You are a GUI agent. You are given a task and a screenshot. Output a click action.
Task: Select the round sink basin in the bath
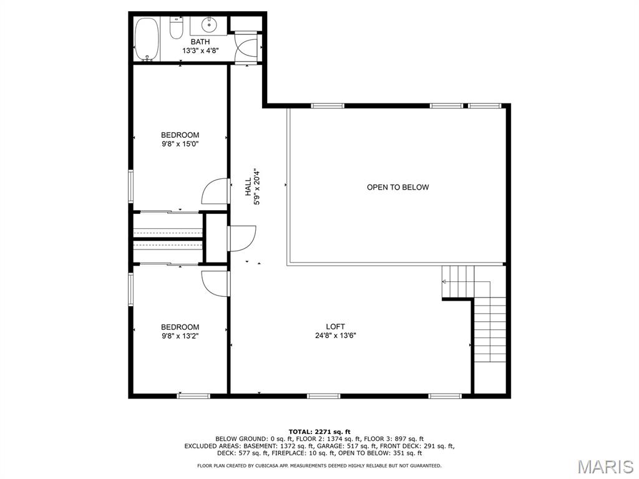209,24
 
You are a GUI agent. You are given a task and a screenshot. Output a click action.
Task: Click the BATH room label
200,42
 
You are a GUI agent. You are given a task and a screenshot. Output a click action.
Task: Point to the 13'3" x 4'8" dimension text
200,51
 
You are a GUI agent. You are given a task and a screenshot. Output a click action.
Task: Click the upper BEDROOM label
180,135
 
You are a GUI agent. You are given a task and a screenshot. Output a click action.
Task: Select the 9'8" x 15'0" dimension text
180,144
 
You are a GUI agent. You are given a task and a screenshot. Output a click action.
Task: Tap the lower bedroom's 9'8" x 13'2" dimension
180,336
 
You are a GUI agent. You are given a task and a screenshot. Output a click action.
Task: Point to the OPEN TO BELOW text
398,187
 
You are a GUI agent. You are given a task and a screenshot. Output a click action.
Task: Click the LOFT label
335,326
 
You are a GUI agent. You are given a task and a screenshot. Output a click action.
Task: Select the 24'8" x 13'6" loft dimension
335,336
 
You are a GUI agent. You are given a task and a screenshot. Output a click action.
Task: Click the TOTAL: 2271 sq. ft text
319,432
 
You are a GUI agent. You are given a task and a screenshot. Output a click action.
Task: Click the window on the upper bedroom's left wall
131,186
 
